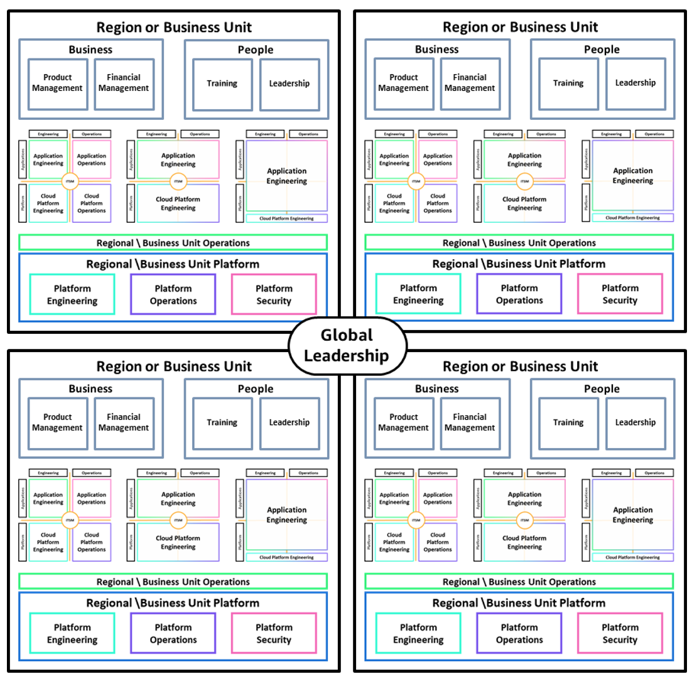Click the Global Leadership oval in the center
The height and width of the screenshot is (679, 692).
pyautogui.click(x=346, y=346)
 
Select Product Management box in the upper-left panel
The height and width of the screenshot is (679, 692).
pyautogui.click(x=58, y=83)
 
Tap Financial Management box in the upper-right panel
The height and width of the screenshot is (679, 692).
pyautogui.click(x=470, y=83)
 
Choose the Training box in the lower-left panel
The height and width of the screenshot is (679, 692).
pyautogui.click(x=222, y=422)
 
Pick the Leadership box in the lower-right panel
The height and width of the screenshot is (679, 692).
pyautogui.click(x=635, y=422)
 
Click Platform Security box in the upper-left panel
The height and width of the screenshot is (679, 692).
pyautogui.click(x=274, y=294)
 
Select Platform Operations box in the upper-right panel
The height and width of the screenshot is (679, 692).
pyautogui.click(x=519, y=294)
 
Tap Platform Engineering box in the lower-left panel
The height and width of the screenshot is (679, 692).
pyautogui.click(x=72, y=633)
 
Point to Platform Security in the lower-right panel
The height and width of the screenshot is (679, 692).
pyautogui.click(x=620, y=633)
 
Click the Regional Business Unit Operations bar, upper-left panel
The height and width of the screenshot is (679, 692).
pyautogui.click(x=173, y=243)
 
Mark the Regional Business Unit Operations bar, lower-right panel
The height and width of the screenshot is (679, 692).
pyautogui.click(x=519, y=582)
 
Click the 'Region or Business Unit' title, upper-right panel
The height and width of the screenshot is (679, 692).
pyautogui.click(x=520, y=27)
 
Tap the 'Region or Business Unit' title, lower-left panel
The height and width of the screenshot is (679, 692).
pyautogui.click(x=173, y=366)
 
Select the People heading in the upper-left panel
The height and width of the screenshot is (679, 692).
pyautogui.click(x=256, y=50)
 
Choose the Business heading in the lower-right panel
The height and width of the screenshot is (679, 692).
pyautogui.click(x=436, y=389)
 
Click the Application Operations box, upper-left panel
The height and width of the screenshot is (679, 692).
pyautogui.click(x=92, y=159)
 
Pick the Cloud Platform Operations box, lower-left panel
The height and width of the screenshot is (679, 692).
pyautogui.click(x=92, y=542)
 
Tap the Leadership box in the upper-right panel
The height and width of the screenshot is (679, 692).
pyautogui.click(x=635, y=83)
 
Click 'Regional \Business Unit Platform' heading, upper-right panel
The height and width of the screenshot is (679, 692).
pyautogui.click(x=519, y=264)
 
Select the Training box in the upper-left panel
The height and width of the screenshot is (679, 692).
pyautogui.click(x=222, y=83)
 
